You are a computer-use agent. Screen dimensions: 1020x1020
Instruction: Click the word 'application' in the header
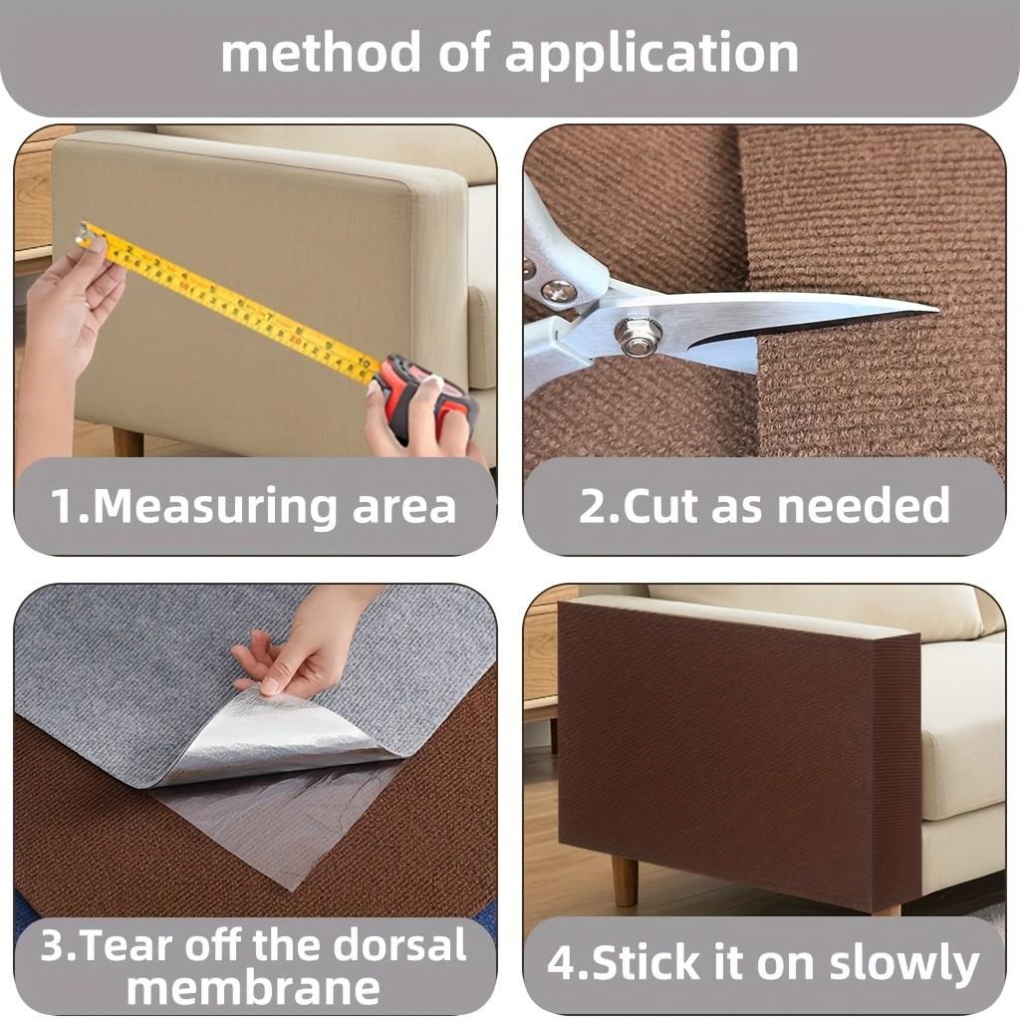651,54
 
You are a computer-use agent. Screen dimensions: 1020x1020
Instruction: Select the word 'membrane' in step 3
253,988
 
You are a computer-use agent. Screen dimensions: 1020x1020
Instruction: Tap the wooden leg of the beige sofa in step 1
127,441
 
